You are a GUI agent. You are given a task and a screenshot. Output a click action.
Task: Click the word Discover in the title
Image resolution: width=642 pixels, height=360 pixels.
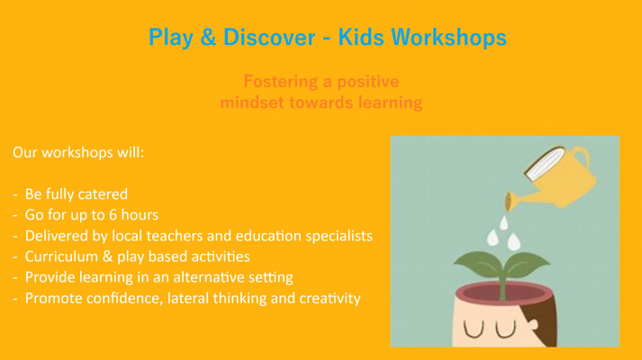coord(269,37)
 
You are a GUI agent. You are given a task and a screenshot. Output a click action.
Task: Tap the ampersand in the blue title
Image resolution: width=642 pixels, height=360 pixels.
coord(208,37)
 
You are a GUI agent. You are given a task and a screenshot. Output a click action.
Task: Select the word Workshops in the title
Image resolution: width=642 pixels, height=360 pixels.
coord(448,38)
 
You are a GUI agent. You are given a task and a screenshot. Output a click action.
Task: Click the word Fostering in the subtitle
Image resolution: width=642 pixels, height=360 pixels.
coord(280,82)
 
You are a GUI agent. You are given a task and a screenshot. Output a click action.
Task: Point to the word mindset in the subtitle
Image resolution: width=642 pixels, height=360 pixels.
coord(252,103)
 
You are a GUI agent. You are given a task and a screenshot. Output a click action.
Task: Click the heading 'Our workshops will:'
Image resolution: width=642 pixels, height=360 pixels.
coord(78,153)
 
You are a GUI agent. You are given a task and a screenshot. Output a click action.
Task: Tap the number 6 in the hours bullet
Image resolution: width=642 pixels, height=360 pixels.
coord(113,215)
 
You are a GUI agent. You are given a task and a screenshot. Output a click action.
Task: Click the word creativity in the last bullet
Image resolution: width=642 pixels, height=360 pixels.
coord(330,299)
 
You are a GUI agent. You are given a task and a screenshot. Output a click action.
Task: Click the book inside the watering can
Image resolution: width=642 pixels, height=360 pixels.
coord(544,164)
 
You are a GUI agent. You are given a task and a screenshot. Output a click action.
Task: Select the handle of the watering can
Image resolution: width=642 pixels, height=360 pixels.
coord(580,157)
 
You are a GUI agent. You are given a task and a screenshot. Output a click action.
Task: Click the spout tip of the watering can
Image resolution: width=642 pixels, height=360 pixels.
coord(509,202)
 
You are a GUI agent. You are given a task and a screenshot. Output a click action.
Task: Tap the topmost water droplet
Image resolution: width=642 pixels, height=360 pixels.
coord(503,223)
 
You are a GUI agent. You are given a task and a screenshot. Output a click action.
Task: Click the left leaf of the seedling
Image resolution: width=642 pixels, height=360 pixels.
coord(477,263)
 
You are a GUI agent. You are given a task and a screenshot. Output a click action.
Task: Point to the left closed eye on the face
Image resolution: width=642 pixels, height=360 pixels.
coord(474,329)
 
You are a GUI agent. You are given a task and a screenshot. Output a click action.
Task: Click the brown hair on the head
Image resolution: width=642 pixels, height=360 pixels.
coord(543,323)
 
